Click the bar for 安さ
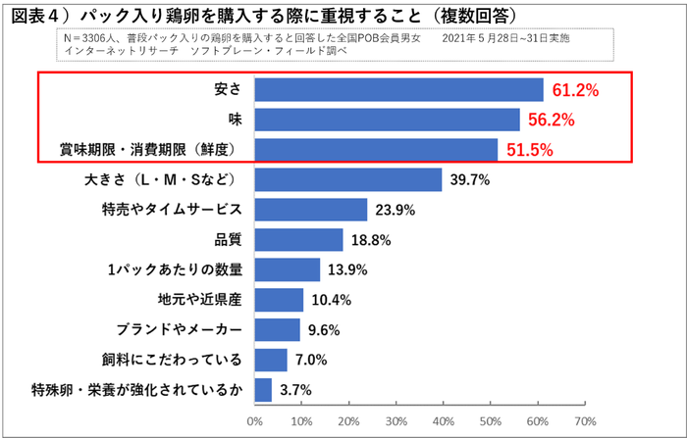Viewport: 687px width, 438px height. click(x=398, y=89)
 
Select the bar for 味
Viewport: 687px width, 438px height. click(x=387, y=120)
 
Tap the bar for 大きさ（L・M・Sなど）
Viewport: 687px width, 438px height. click(x=347, y=180)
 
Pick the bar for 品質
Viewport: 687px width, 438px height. click(x=298, y=240)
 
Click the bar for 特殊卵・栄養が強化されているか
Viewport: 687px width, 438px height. click(x=263, y=390)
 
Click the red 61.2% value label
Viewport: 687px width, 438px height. click(x=575, y=90)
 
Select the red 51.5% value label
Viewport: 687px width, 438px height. click(x=529, y=150)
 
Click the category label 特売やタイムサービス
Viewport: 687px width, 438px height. click(x=172, y=211)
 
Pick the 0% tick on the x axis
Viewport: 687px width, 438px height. click(x=255, y=421)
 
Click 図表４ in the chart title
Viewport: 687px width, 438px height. click(x=38, y=15)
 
